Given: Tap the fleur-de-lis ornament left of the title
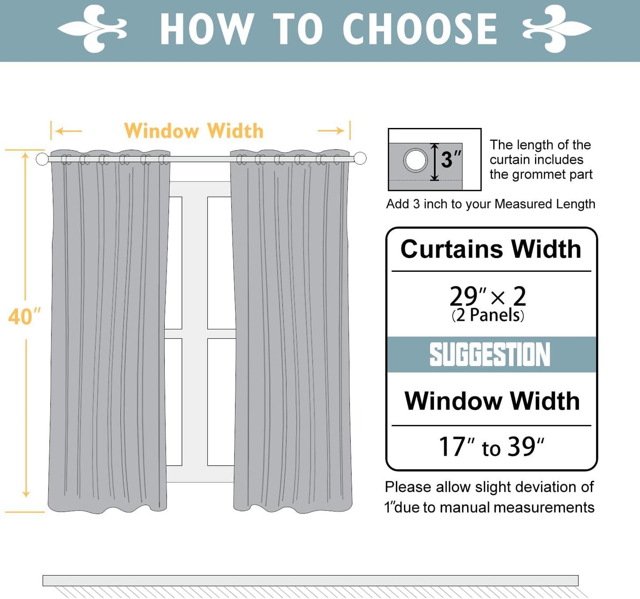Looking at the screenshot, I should [x=93, y=29].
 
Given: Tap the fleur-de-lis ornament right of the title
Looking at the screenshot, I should [x=557, y=29].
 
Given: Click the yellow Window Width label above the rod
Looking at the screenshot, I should [x=194, y=131].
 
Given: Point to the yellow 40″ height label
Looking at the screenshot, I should [x=24, y=317].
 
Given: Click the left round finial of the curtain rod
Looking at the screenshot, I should [x=42, y=159].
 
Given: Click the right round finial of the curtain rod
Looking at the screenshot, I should [x=360, y=158].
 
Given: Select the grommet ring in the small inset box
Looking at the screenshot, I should [x=415, y=160].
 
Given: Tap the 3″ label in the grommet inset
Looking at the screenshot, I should [x=451, y=160].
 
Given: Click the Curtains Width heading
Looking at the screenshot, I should [x=491, y=249].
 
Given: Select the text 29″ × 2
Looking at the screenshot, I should [x=488, y=296].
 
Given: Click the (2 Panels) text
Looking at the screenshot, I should [x=488, y=315].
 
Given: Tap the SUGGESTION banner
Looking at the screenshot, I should [x=490, y=355].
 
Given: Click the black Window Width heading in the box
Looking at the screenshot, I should [x=492, y=401].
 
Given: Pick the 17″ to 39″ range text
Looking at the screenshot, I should [x=491, y=447].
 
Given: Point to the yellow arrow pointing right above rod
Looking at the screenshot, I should [x=331, y=131].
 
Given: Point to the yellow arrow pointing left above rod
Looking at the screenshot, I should [x=69, y=131].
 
